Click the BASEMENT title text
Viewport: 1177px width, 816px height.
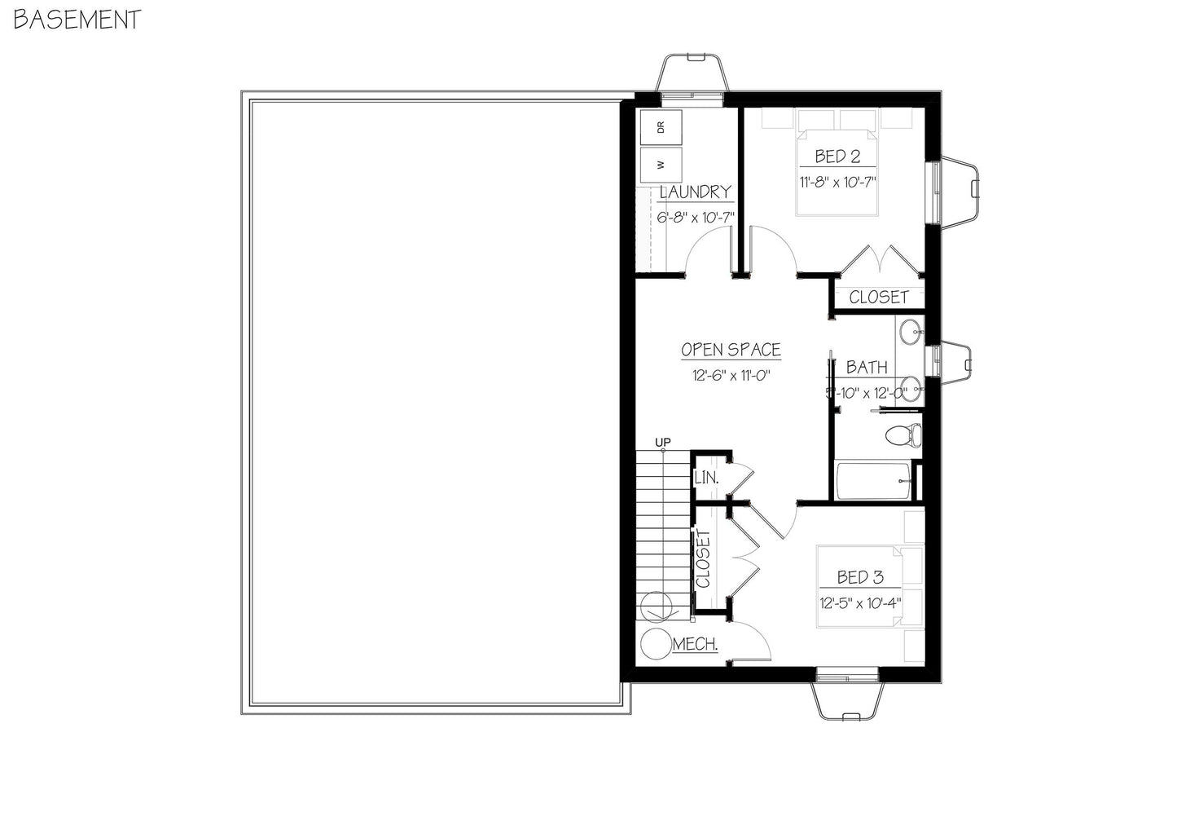tap(77, 20)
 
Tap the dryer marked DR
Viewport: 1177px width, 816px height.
tap(661, 126)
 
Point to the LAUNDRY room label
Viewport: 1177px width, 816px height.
tap(695, 192)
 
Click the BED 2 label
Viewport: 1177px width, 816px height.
tap(837, 157)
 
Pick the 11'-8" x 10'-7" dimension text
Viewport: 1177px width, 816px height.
tap(837, 182)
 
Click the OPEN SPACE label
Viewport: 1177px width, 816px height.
tap(731, 350)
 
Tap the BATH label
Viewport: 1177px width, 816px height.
tap(866, 368)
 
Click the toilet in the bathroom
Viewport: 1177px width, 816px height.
tap(903, 434)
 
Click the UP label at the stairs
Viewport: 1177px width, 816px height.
tap(664, 443)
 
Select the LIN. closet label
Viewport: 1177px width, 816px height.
tap(705, 478)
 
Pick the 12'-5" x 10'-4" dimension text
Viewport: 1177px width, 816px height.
tap(860, 604)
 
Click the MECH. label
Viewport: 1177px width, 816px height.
tap(695, 645)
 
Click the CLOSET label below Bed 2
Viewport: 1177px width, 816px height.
tap(878, 297)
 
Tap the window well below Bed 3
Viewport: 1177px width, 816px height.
tap(847, 699)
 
